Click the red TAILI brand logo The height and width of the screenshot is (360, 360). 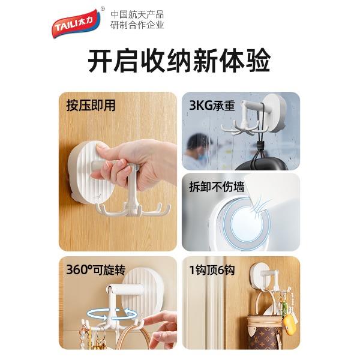pos(76,23)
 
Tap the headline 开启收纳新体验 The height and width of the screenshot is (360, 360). pos(179,61)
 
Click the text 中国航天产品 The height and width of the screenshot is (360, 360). pos(137,14)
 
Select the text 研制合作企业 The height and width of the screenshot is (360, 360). pos(137,25)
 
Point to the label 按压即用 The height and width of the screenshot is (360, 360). pos(91,106)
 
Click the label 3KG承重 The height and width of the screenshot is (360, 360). pos(212,106)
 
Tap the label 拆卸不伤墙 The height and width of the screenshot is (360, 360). pos(217,187)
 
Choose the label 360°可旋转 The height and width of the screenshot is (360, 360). pos(96,269)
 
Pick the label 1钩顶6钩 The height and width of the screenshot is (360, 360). pos(212,270)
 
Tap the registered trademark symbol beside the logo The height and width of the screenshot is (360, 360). pos(103,9)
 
